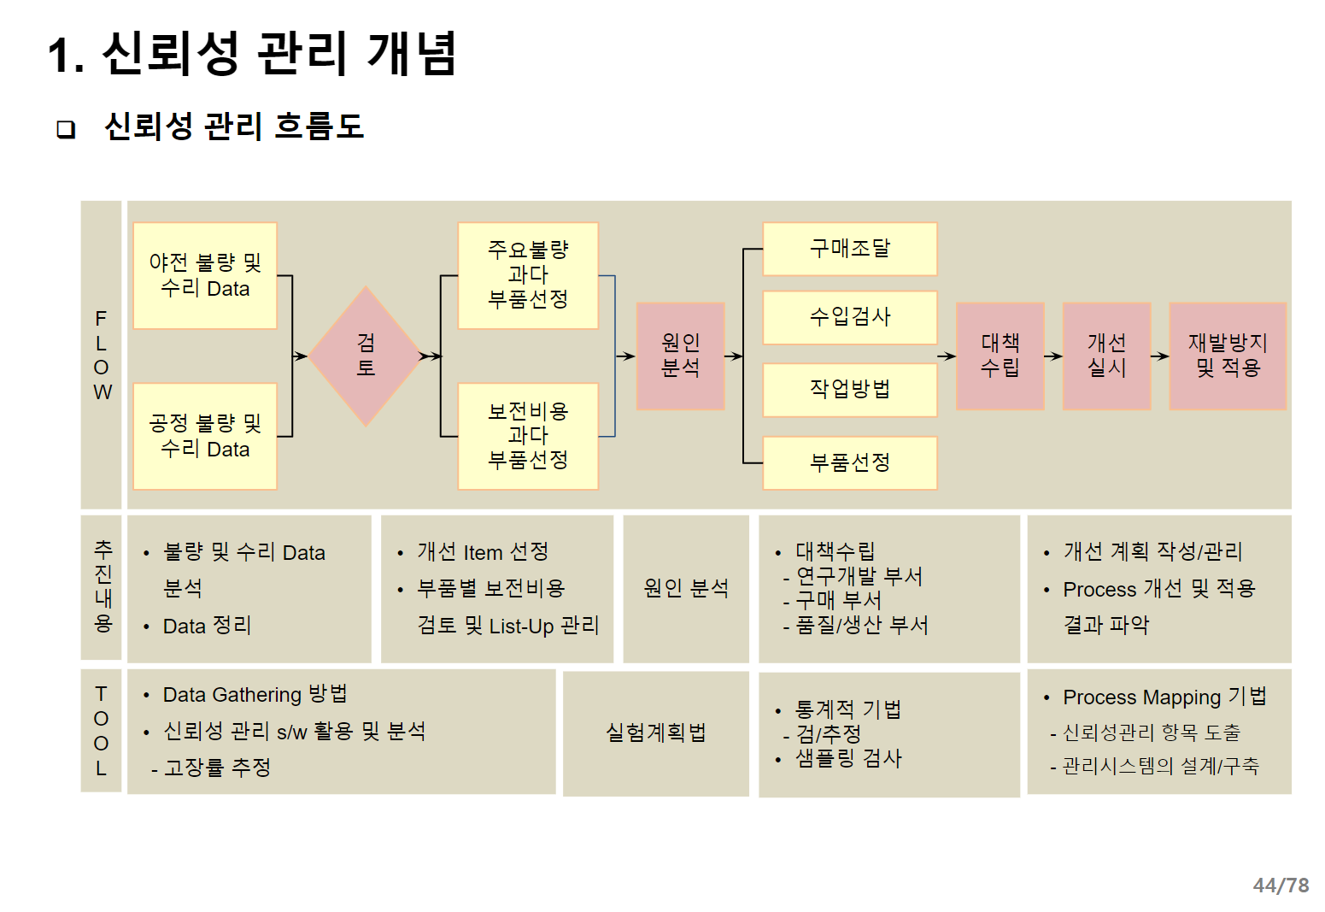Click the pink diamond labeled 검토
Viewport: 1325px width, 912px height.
(366, 356)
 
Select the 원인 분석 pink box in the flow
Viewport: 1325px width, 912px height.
(680, 356)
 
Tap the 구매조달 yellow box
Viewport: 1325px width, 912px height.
(849, 249)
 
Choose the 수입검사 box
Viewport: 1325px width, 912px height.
(849, 317)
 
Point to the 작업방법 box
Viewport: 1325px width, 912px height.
(849, 390)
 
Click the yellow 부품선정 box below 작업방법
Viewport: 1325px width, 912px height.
(849, 462)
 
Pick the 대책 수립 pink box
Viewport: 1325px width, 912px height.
(1000, 356)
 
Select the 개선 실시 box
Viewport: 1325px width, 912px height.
(1106, 356)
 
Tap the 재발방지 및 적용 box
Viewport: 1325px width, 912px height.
(1227, 356)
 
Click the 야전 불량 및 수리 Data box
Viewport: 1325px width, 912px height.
(205, 275)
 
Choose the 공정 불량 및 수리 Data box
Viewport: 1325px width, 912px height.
(205, 436)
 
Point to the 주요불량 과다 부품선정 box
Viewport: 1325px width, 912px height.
(528, 275)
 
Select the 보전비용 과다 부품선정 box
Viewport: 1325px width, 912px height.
(528, 436)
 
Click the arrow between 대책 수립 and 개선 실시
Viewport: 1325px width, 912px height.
(1053, 356)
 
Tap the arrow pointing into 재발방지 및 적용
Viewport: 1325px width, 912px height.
(1159, 356)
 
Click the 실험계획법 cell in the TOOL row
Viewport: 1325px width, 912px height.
(655, 733)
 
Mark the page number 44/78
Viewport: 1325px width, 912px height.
(1280, 886)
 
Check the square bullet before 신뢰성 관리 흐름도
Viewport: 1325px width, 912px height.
(66, 129)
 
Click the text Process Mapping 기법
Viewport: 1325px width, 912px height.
(1164, 697)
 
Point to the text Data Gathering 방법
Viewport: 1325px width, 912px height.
(255, 694)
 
